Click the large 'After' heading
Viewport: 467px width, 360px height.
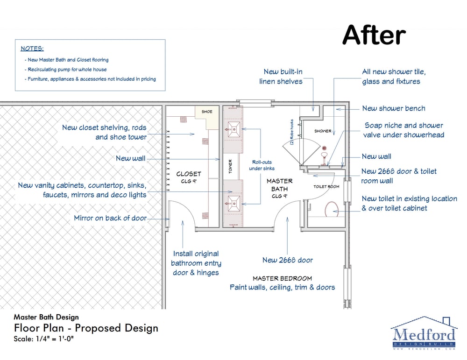click(x=374, y=35)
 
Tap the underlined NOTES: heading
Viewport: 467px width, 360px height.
click(x=32, y=49)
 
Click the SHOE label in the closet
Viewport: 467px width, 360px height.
click(x=207, y=112)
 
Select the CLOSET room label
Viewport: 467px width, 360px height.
click(x=189, y=174)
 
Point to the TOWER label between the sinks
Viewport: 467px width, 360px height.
click(x=230, y=166)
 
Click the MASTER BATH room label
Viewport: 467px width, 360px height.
click(x=279, y=185)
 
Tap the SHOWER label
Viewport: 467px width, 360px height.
click(x=323, y=131)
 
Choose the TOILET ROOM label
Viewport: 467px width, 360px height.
click(x=326, y=187)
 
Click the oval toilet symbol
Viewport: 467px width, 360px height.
click(x=331, y=209)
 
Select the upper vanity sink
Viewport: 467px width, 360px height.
click(x=233, y=129)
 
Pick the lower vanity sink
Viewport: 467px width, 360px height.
click(x=233, y=204)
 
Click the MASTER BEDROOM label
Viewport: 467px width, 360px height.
click(x=283, y=278)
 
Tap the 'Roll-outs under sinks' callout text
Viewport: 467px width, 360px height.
click(x=262, y=165)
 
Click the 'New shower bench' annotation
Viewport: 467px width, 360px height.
click(x=394, y=108)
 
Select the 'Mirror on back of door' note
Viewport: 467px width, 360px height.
click(x=110, y=218)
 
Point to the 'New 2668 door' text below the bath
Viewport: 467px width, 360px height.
click(x=288, y=260)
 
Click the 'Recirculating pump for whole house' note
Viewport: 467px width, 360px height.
click(x=67, y=70)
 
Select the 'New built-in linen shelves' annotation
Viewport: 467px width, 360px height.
click(x=281, y=77)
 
